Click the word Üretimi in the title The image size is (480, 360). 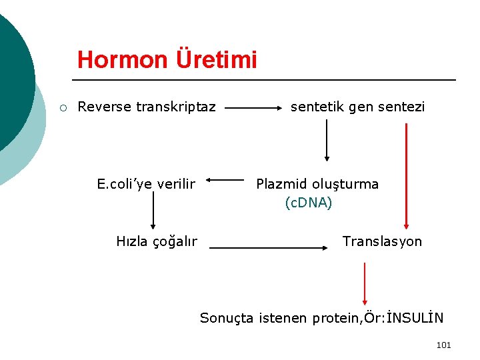click(x=216, y=60)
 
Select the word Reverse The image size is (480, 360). click(x=104, y=107)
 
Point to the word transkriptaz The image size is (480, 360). click(x=175, y=107)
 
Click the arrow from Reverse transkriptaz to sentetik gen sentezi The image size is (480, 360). click(x=253, y=107)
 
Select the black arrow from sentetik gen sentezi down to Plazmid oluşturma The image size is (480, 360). click(x=327, y=140)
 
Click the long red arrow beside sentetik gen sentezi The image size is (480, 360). click(x=406, y=177)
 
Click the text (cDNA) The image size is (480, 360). click(x=308, y=203)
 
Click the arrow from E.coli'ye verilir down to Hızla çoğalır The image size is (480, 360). click(x=153, y=210)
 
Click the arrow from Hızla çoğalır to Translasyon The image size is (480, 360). click(x=270, y=247)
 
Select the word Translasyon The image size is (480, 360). click(x=382, y=241)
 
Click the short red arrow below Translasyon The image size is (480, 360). click(x=365, y=283)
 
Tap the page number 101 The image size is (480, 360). click(x=443, y=345)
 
